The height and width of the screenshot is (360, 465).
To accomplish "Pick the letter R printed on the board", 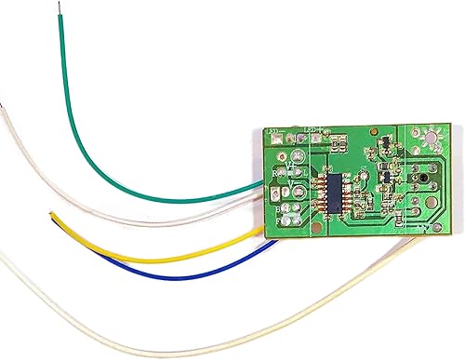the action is click(275, 174).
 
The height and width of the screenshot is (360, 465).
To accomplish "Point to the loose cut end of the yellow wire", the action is click(51, 216).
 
